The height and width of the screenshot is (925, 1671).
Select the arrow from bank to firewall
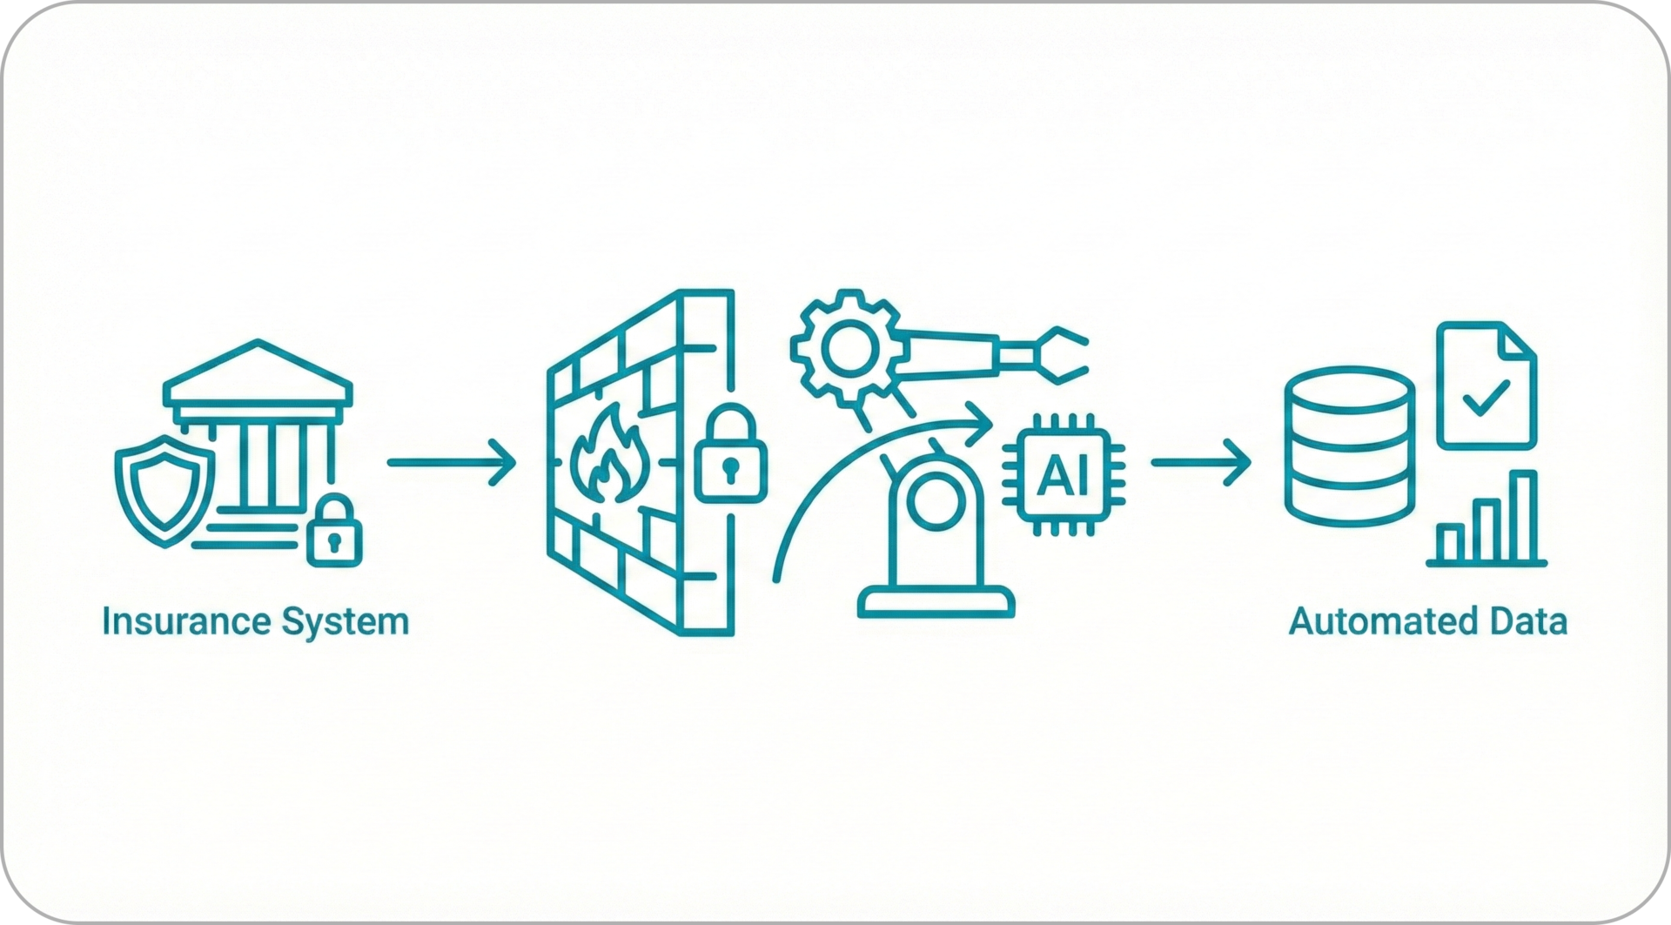tap(450, 463)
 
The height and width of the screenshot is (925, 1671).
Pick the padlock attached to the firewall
tap(730, 466)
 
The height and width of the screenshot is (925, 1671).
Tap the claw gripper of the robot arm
tap(1057, 354)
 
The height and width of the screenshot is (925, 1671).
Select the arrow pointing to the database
tap(1200, 463)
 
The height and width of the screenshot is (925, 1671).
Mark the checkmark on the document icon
tap(1486, 398)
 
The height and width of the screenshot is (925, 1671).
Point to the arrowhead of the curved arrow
tap(982, 426)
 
